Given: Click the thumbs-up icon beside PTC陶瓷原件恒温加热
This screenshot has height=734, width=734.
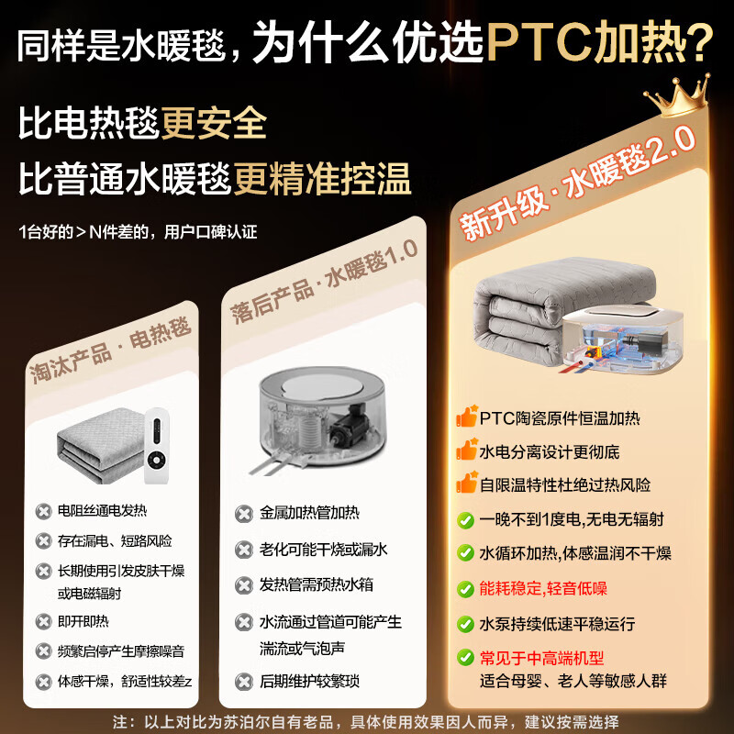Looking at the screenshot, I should tap(467, 418).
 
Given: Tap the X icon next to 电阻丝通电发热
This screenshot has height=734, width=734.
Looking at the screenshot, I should tap(43, 511).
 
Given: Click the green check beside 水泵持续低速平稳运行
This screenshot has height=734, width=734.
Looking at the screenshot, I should tap(467, 624).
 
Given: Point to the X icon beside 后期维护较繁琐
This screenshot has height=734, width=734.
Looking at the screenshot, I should tap(243, 681).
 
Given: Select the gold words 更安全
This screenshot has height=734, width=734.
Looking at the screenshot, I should tap(214, 121).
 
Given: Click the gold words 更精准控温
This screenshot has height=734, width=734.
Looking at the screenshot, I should tap(321, 176).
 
